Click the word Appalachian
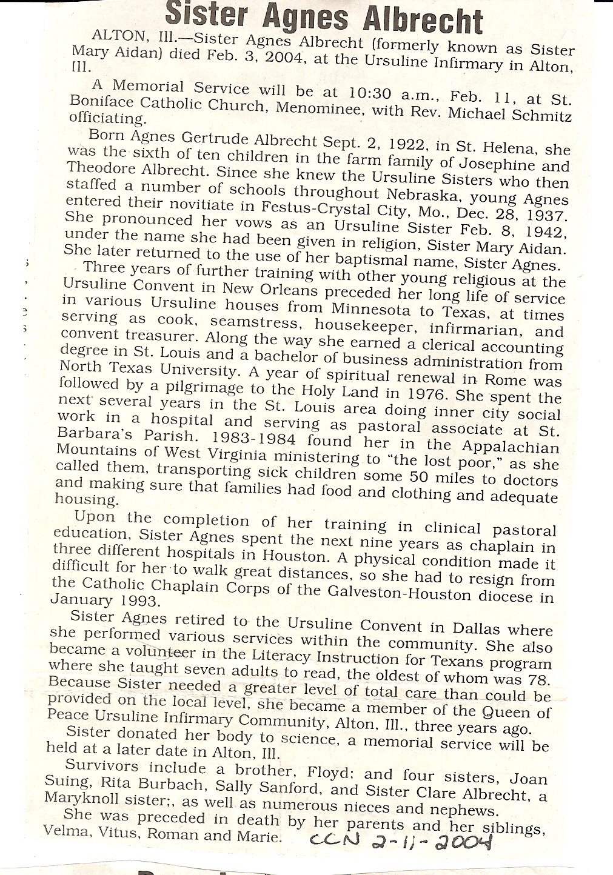pyautogui.click(x=511, y=447)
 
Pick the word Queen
pyautogui.click(x=514, y=711)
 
